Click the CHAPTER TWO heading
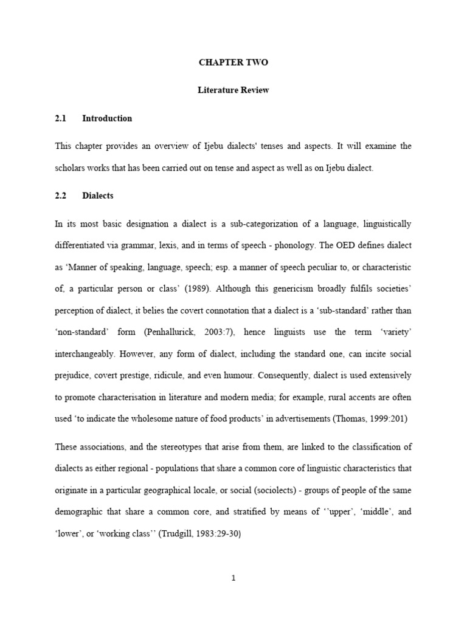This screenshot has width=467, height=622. [233, 63]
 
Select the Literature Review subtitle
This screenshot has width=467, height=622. [233, 91]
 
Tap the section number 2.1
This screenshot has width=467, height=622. [60, 118]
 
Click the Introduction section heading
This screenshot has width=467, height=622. [107, 118]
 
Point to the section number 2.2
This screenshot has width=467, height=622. [60, 196]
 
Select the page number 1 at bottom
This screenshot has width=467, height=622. [233, 578]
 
